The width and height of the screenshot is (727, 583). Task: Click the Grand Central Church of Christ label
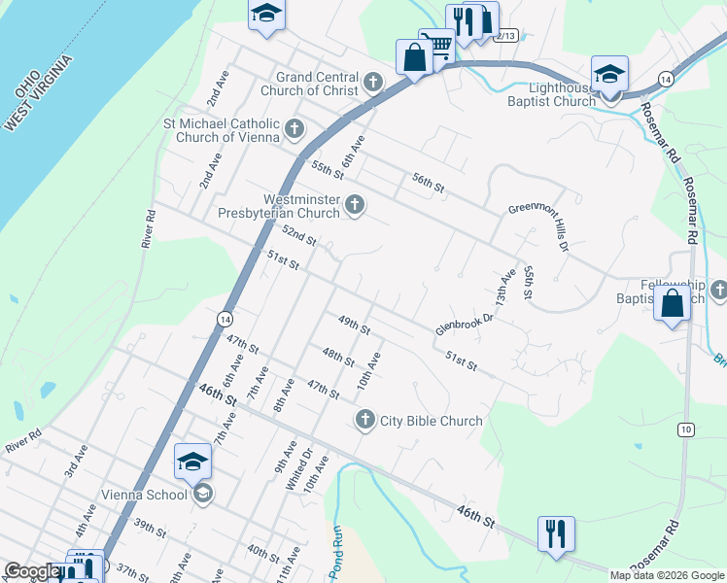pos(316,84)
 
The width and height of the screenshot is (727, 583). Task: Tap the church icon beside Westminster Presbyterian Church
pos(355,205)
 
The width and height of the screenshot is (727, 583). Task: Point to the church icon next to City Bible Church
pos(365,420)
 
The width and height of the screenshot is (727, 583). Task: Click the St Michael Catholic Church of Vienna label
pos(222,130)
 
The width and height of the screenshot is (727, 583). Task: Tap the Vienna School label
pos(144,495)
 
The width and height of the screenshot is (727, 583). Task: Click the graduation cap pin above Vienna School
pos(192,461)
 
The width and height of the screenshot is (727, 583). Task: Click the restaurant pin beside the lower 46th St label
pos(556,533)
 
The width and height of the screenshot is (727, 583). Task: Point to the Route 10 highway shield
pos(686,429)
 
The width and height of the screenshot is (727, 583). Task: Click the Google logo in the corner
pos(31,572)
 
